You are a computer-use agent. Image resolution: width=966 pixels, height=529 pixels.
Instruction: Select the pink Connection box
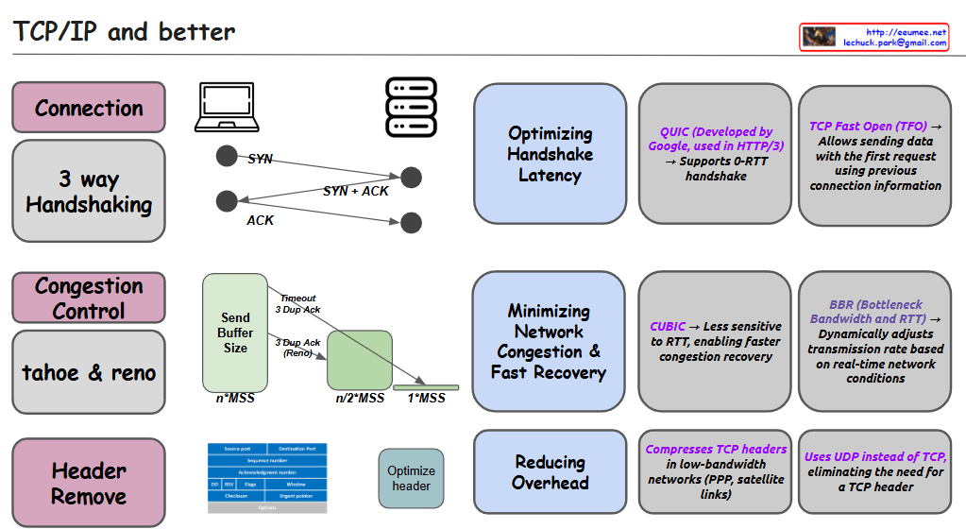89,108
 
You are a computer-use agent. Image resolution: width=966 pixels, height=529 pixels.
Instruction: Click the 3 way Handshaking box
89,192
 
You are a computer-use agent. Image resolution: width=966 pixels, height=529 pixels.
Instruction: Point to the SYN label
261,159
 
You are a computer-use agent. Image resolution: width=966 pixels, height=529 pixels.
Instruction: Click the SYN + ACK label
356,191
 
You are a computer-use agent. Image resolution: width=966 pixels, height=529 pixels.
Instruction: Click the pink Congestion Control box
89,298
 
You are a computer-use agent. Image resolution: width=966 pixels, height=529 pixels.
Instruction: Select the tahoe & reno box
89,372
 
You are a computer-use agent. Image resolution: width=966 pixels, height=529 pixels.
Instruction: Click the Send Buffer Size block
235,333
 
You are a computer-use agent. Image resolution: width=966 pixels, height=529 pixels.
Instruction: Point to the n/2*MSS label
360,399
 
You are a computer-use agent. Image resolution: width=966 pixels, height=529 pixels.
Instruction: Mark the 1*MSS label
426,399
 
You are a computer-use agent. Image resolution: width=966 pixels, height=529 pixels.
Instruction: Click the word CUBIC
668,326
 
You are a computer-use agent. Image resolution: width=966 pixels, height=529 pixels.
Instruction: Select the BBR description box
874,342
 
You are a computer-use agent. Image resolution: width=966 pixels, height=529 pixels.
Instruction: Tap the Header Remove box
89,483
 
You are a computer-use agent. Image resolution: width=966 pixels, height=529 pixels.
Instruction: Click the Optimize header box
411,478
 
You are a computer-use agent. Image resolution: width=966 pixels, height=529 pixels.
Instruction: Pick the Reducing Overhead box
550,472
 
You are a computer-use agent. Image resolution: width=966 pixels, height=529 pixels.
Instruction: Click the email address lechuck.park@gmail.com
894,43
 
